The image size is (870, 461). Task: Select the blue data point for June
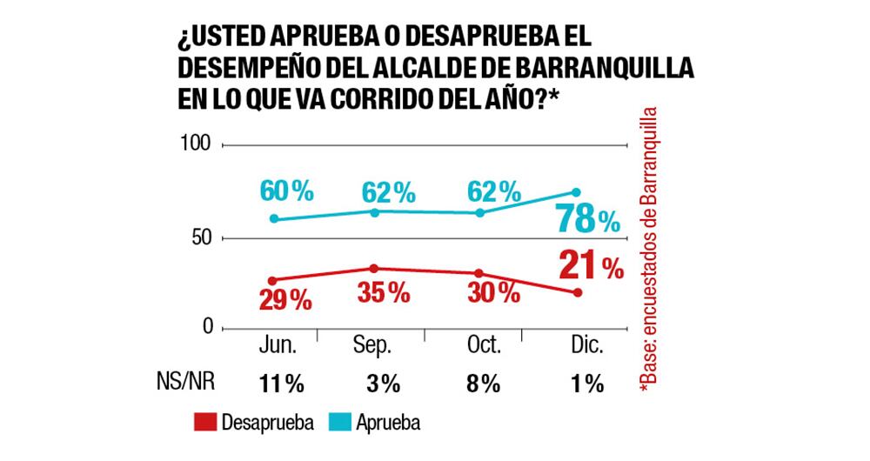(x=274, y=219)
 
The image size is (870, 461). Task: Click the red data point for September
(x=374, y=268)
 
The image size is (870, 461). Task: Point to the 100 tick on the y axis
(x=196, y=143)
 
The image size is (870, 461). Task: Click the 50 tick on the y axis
(x=201, y=238)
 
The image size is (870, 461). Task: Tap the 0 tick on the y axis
(x=206, y=327)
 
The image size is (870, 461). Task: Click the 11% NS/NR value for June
(x=278, y=384)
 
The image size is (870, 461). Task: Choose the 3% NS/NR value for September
(x=383, y=384)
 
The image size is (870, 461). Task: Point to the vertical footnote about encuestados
(x=648, y=252)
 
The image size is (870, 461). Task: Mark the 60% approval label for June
(x=285, y=190)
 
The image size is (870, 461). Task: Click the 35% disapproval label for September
(x=384, y=293)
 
